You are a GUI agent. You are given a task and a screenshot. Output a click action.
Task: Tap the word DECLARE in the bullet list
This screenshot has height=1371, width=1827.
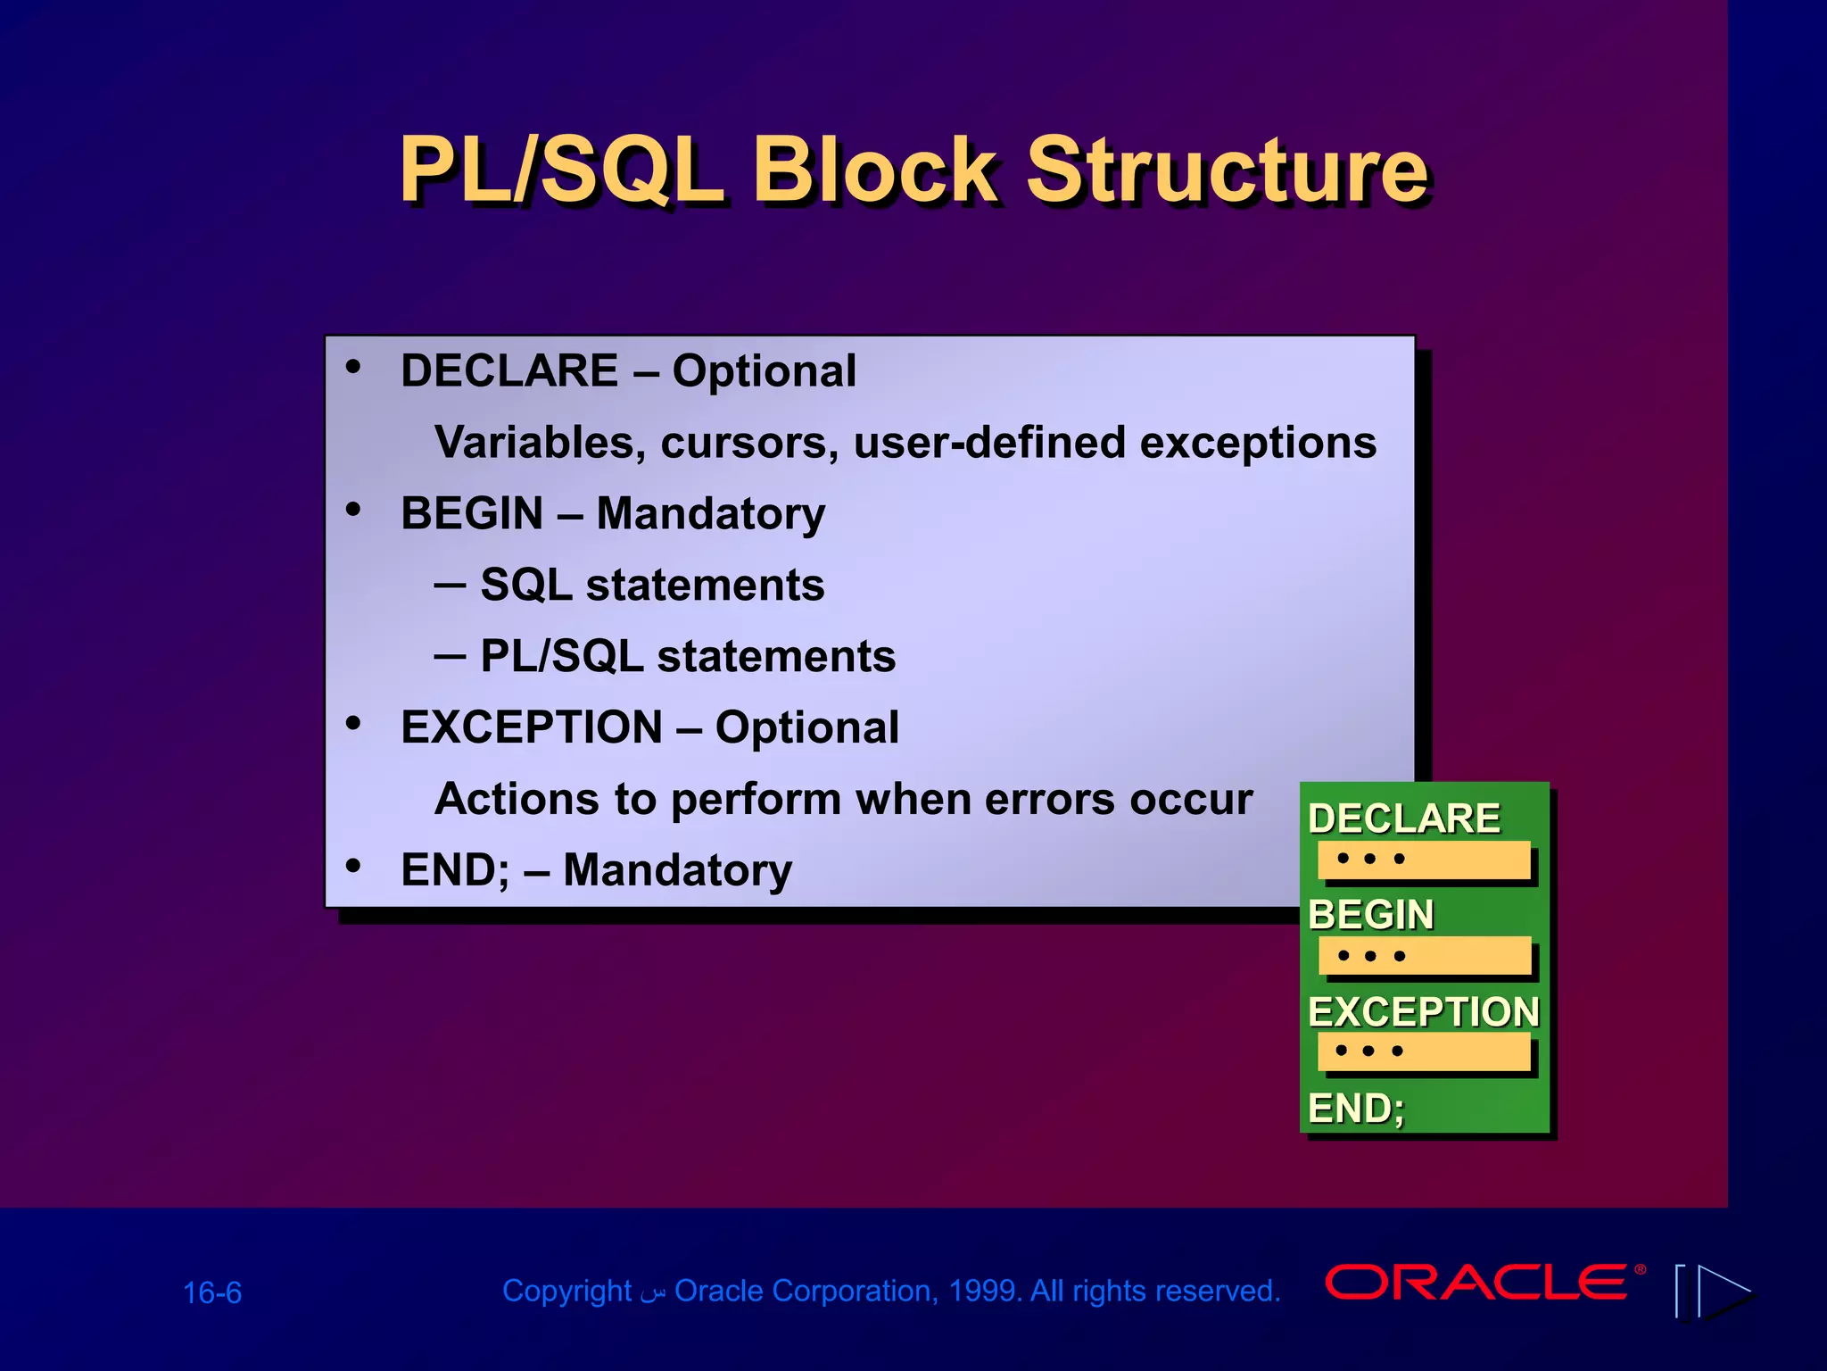509,370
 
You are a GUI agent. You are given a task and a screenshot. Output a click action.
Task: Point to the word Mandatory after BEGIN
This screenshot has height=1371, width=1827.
710,514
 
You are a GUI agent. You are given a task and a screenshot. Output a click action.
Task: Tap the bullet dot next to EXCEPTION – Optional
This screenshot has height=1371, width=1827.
354,723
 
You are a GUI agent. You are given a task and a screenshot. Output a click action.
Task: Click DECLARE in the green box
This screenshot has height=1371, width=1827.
1404,818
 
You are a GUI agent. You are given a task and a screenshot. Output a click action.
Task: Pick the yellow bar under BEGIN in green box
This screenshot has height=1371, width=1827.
1425,956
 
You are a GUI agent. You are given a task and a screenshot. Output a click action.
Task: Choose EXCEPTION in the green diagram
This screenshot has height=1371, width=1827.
1424,1011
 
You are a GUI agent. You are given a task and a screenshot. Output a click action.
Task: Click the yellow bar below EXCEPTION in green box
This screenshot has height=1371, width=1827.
1425,1051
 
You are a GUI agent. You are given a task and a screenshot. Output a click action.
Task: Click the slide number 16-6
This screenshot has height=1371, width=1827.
212,1293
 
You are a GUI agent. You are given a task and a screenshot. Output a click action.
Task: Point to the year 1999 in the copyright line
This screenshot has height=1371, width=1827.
980,1292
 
